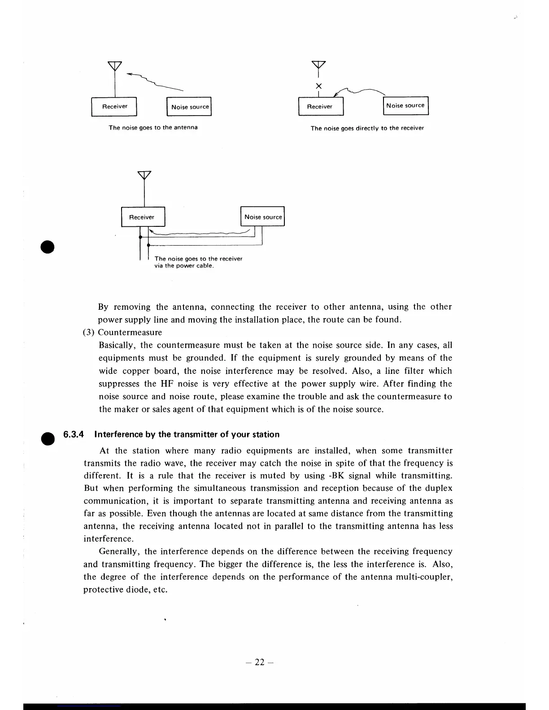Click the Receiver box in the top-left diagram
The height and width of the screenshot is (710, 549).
[114, 107]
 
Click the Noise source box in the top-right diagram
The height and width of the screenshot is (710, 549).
[405, 106]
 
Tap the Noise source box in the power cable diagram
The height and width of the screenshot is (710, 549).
[263, 217]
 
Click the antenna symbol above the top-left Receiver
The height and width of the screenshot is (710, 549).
[115, 66]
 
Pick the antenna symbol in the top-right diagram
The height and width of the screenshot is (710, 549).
[319, 65]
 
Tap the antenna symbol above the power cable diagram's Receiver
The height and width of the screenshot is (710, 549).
[144, 176]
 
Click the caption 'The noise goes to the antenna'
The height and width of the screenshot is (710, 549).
[153, 128]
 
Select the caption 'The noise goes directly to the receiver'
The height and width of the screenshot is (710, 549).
[367, 128]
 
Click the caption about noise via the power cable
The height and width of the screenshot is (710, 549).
[198, 262]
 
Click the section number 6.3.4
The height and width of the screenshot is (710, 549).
[74, 434]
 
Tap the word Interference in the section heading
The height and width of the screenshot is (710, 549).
[118, 434]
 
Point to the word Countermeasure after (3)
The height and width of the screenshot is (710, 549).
[130, 332]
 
